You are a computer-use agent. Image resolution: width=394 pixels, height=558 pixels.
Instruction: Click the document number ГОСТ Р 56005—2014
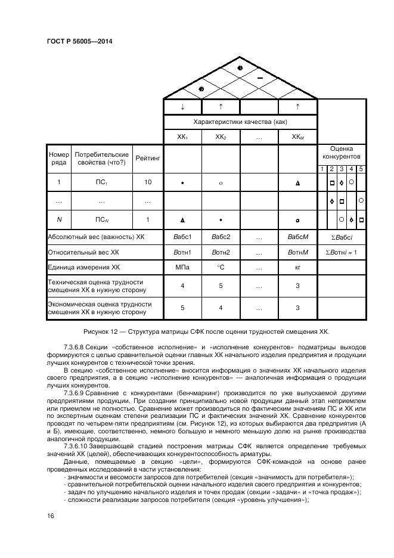(x=79, y=41)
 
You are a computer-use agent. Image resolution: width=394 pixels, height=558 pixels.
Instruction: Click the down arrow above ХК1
(x=182, y=106)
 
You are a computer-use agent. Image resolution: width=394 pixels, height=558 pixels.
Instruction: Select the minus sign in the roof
(x=260, y=78)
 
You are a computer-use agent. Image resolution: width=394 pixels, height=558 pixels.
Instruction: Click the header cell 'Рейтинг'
(x=147, y=159)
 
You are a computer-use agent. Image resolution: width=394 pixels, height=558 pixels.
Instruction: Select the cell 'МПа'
(x=182, y=268)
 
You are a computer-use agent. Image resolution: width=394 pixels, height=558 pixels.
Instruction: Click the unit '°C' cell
(x=220, y=268)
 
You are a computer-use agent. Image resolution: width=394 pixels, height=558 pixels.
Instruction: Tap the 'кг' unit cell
(x=297, y=268)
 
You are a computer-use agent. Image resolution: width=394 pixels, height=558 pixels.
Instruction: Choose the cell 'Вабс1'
(x=182, y=237)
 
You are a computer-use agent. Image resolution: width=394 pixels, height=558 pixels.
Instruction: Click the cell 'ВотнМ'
(x=297, y=252)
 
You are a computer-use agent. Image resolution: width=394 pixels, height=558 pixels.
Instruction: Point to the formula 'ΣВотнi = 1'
(x=341, y=252)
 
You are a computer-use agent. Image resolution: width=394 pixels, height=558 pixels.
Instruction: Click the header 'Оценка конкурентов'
(x=341, y=153)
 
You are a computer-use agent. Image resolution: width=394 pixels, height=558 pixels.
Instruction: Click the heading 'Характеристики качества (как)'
(x=240, y=122)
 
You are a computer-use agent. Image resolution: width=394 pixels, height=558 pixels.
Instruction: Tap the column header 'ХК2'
(x=220, y=137)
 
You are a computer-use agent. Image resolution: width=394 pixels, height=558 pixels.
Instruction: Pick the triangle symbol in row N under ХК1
(x=182, y=220)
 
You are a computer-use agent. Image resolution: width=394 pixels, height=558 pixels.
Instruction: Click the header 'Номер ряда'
(x=58, y=159)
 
